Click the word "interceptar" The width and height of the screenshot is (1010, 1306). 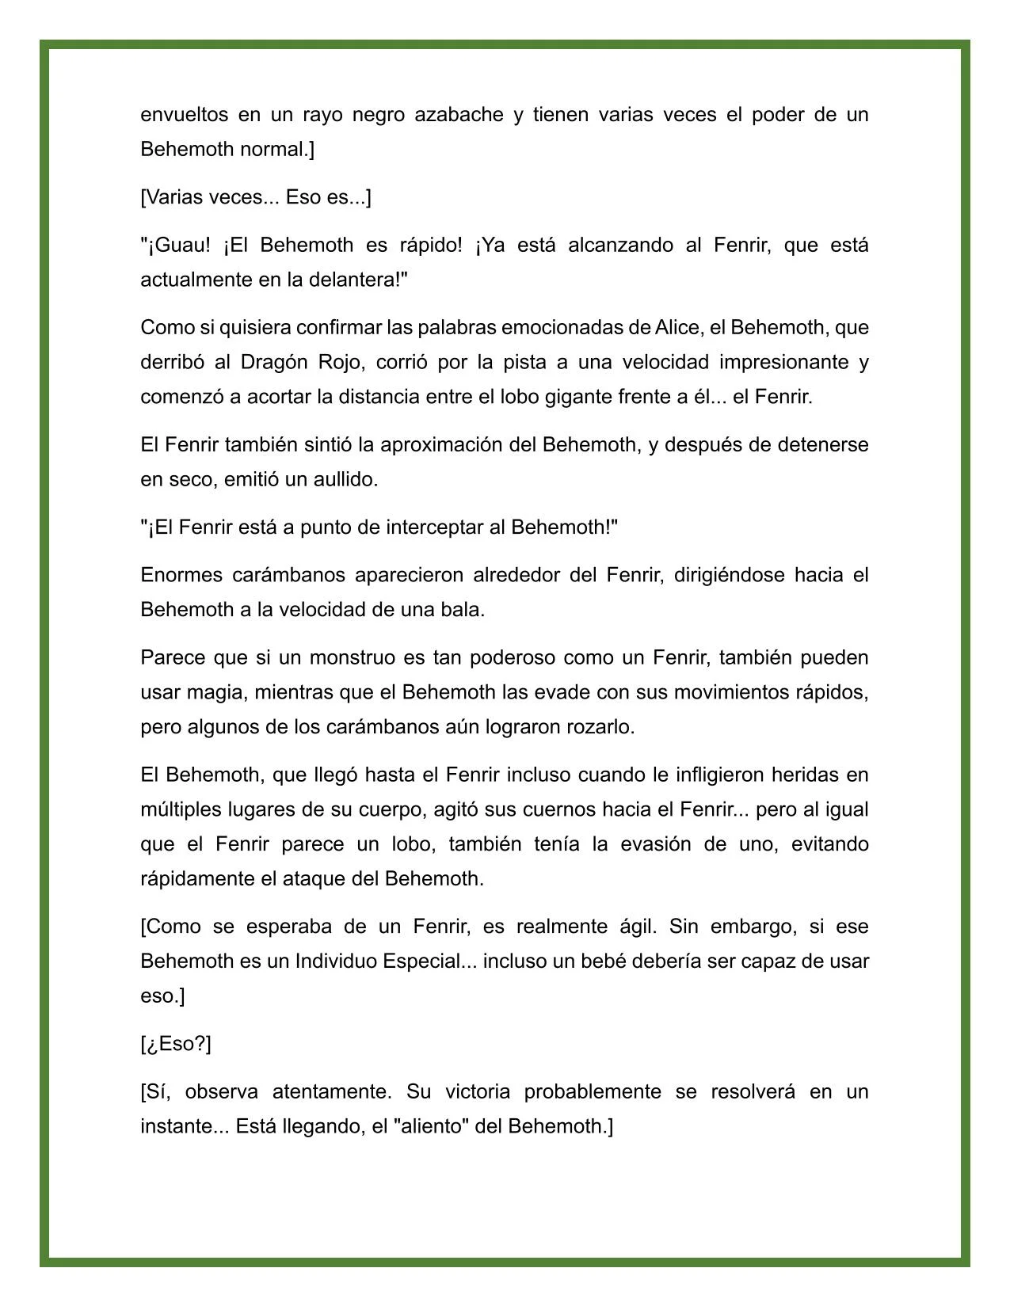[435, 527]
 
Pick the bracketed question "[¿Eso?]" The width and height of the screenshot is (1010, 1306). [176, 1044]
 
